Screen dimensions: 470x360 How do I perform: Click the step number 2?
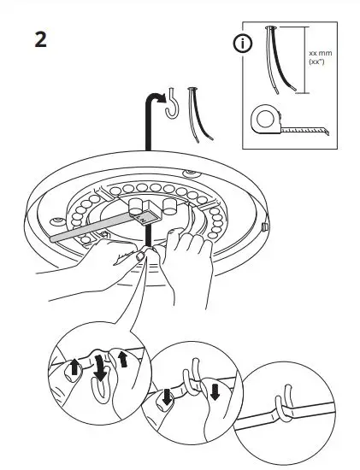pyautogui.click(x=40, y=40)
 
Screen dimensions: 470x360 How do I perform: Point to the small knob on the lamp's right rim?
pyautogui.click(x=265, y=228)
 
